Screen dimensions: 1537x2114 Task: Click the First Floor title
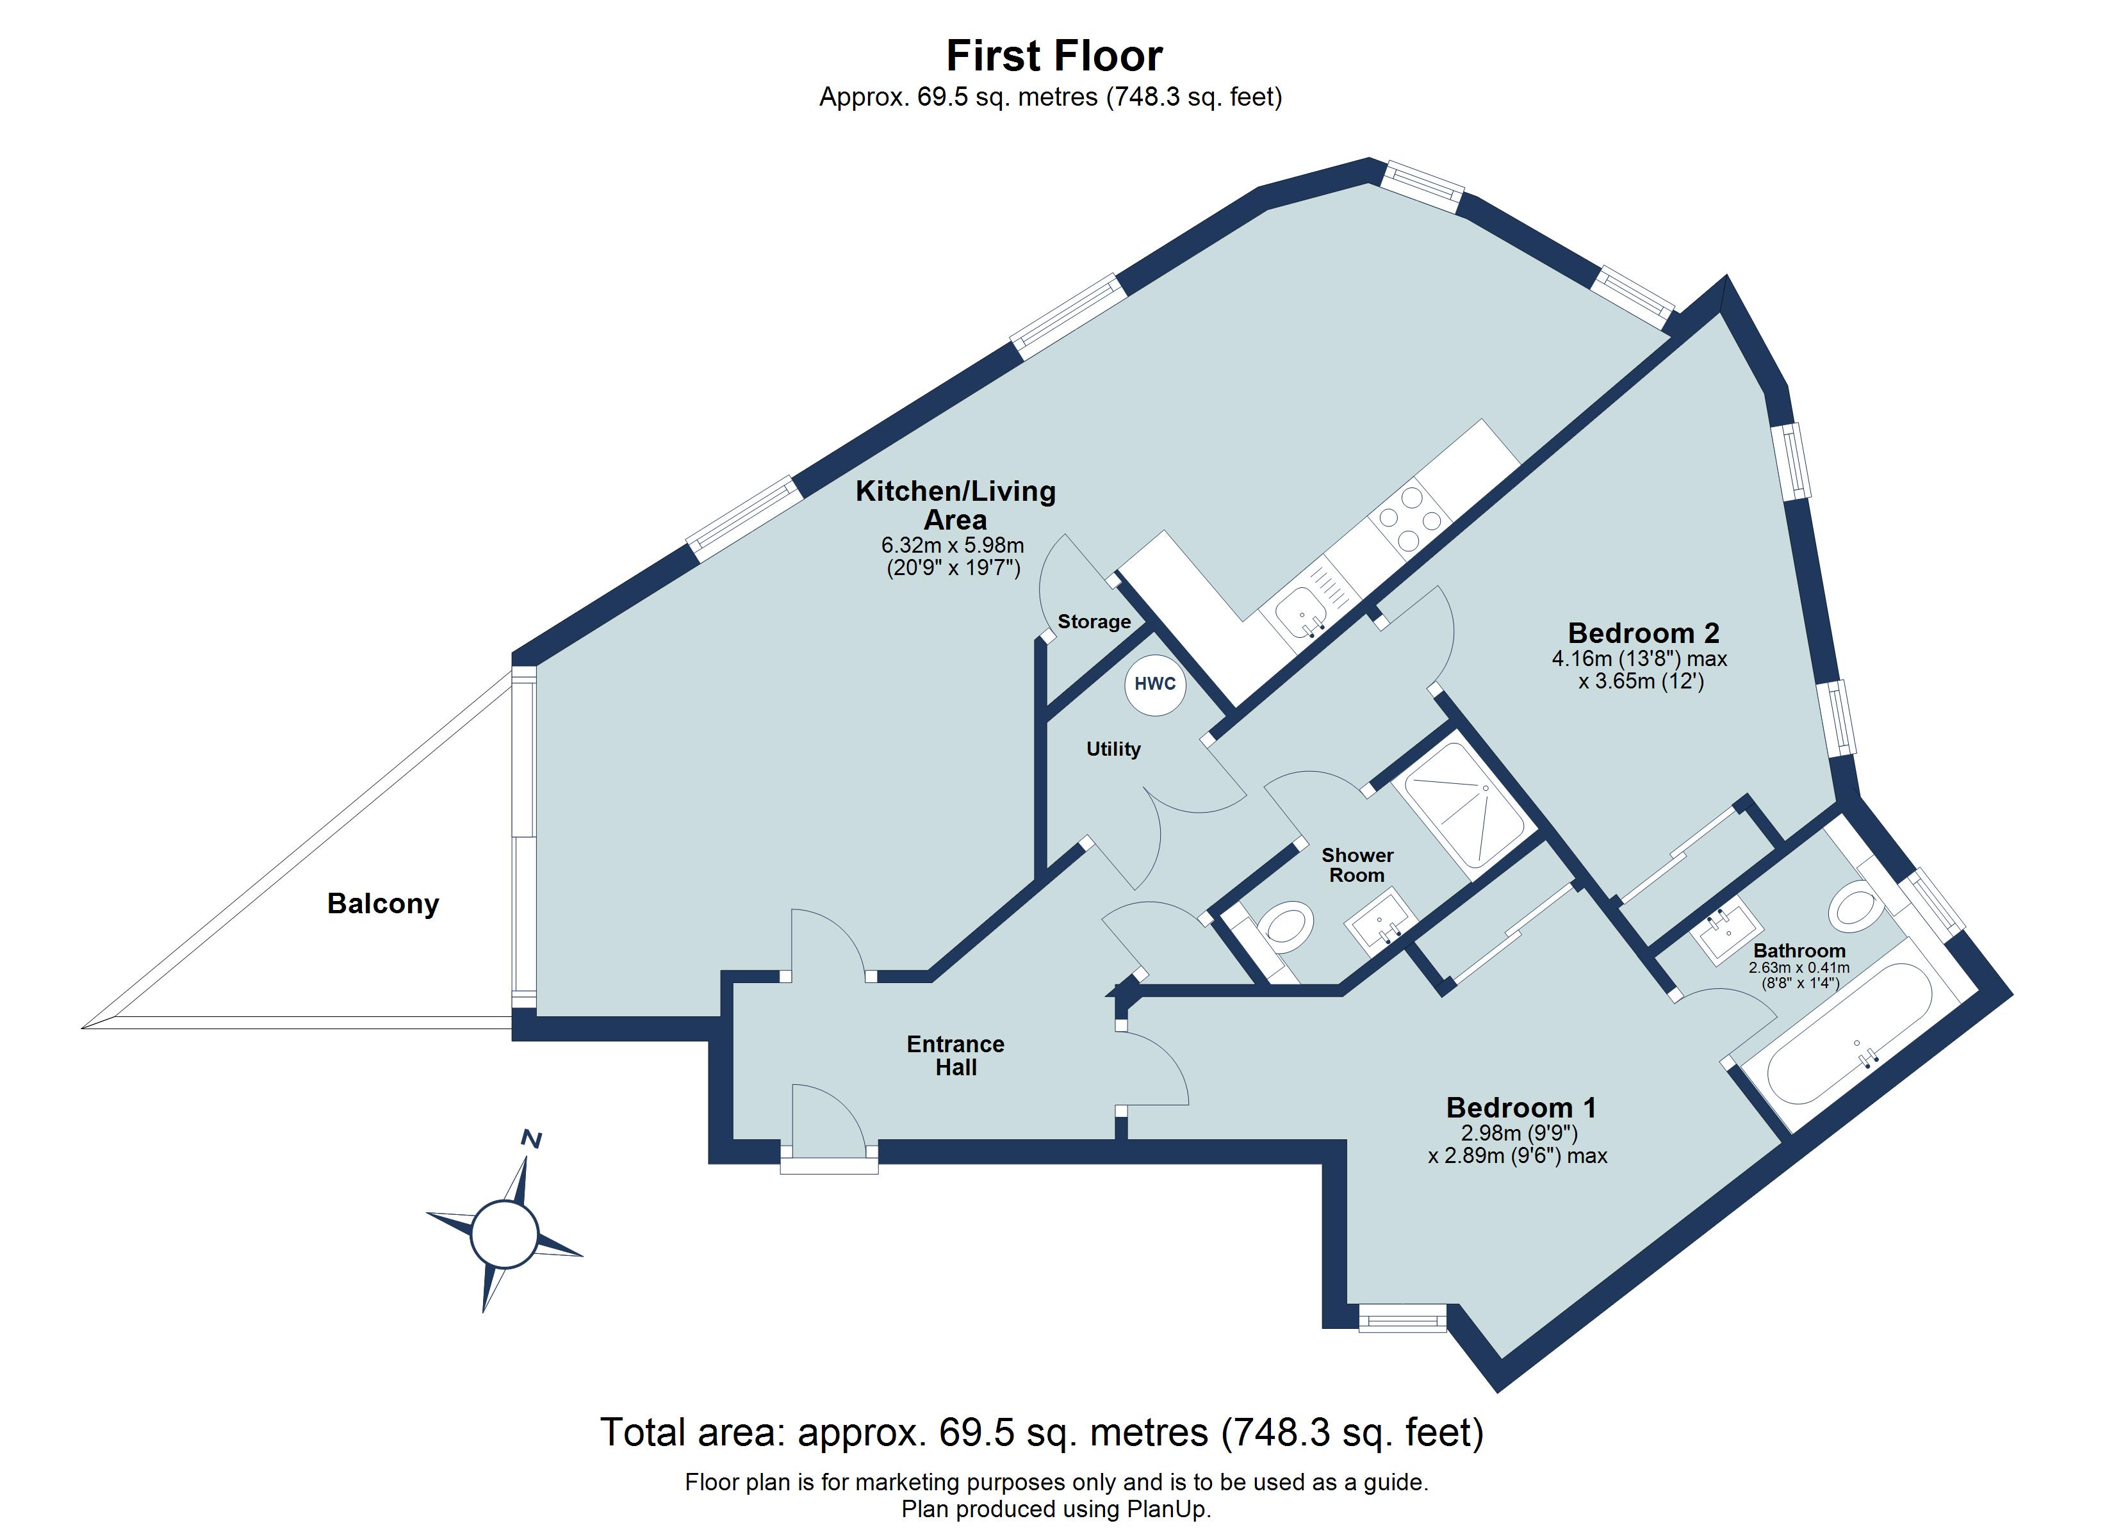[1054, 56]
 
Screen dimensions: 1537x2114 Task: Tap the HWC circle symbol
[1155, 683]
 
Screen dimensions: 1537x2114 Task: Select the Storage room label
[1094, 622]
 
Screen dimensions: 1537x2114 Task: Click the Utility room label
[1113, 749]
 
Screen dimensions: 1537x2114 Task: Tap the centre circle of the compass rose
[504, 1234]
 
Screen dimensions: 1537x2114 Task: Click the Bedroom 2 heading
[1643, 633]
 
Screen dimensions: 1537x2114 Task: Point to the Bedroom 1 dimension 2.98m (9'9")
[1518, 1134]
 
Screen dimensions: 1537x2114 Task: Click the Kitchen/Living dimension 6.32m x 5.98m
[953, 545]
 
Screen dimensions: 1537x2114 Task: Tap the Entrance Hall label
[955, 1055]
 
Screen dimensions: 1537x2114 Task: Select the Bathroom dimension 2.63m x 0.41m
[1799, 968]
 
